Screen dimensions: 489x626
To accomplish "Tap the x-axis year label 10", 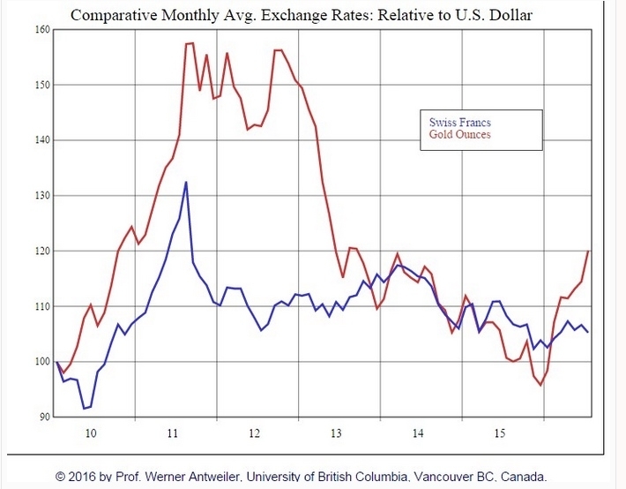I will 93,434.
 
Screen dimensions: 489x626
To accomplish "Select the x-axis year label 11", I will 174,434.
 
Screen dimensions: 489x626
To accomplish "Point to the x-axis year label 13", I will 337,434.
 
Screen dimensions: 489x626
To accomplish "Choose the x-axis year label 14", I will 418,434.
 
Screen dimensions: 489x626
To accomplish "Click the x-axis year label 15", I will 500,434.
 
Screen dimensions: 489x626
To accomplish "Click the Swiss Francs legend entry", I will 459,122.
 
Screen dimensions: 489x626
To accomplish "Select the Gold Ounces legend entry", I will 459,135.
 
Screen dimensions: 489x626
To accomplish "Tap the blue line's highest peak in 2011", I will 186,182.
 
